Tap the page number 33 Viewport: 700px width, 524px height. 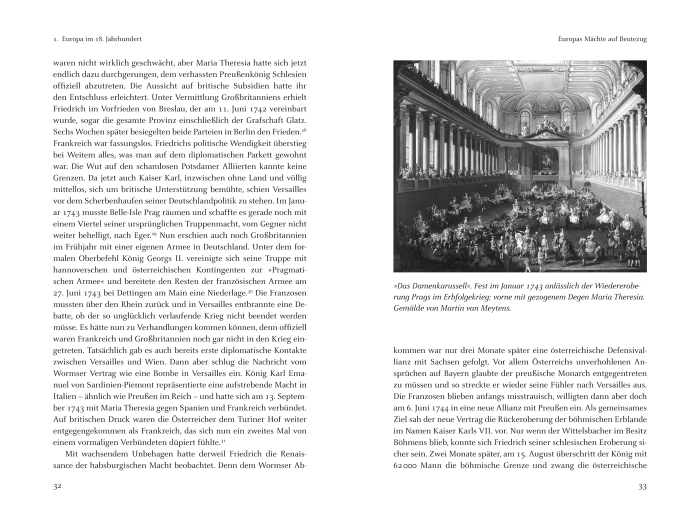click(642, 487)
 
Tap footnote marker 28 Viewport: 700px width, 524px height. click(303, 130)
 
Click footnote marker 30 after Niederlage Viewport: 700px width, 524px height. click(250, 291)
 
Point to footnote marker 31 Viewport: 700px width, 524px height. click(223, 440)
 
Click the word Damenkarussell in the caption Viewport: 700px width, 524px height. click(427, 286)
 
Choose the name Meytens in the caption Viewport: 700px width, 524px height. click(494, 308)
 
